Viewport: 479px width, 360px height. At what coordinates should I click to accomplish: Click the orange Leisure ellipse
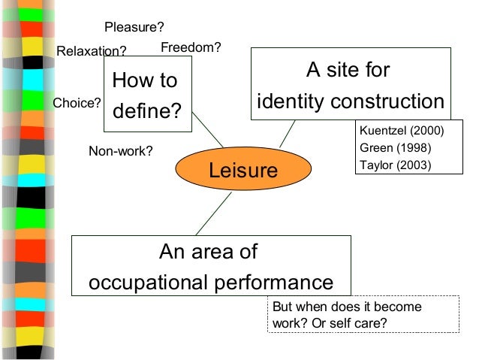(x=243, y=170)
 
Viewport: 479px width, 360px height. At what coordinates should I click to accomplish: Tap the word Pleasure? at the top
(x=134, y=28)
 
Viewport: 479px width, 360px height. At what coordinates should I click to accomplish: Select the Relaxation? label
(x=92, y=51)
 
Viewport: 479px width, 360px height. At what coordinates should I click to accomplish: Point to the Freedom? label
(x=191, y=47)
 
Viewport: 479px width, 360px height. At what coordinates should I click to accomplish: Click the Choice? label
(x=77, y=104)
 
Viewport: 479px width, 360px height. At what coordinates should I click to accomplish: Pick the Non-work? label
(x=121, y=151)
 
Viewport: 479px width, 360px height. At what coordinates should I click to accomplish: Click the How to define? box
(x=147, y=95)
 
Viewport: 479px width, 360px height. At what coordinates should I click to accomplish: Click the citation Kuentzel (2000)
(x=402, y=132)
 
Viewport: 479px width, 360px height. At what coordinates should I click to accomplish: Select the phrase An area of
(x=207, y=252)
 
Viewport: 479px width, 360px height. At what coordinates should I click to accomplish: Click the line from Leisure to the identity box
(x=287, y=135)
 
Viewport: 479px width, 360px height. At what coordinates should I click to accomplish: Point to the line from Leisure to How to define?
(x=208, y=129)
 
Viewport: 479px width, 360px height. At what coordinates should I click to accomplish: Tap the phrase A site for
(x=348, y=71)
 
